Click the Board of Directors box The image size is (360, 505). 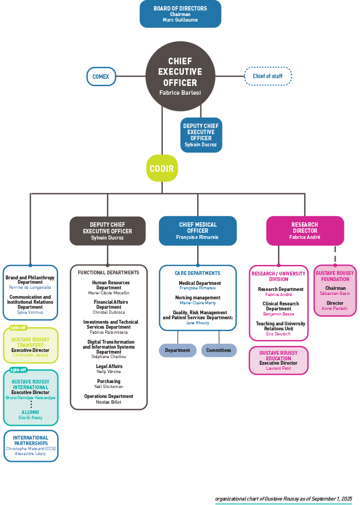tap(180, 14)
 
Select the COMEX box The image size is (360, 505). tap(101, 76)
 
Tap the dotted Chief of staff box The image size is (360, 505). tap(268, 76)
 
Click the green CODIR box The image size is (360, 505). tap(162, 169)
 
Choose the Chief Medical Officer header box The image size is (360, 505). tap(198, 231)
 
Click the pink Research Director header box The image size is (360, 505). tap(305, 231)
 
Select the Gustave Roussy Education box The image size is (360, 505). tap(278, 360)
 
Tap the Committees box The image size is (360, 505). tap(219, 350)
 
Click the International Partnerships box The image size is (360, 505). tap(30, 446)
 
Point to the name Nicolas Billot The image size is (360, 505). tap(109, 402)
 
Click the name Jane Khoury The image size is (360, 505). tap(197, 323)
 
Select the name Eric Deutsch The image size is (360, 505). tap(278, 334)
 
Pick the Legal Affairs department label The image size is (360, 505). tap(109, 366)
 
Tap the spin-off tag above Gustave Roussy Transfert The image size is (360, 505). tap(18, 328)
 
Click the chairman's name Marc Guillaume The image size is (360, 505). tap(180, 20)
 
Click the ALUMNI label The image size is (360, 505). tap(30, 412)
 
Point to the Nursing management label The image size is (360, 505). tap(198, 298)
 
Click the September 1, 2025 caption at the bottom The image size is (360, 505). tap(283, 499)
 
